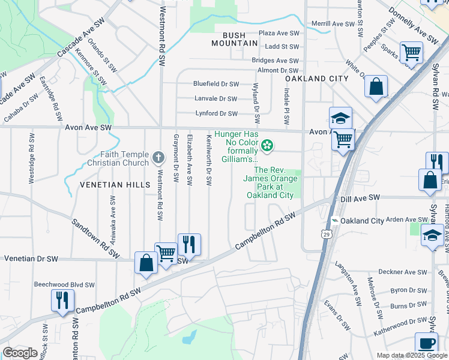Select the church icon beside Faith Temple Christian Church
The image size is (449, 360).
point(158,158)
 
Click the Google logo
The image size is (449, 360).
point(20,352)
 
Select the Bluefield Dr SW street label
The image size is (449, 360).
point(216,84)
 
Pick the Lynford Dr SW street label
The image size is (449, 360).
point(217,113)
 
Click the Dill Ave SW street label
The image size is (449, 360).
point(360,197)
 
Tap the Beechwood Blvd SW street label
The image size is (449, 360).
point(64,284)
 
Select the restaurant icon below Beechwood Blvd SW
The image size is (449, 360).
point(62,300)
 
